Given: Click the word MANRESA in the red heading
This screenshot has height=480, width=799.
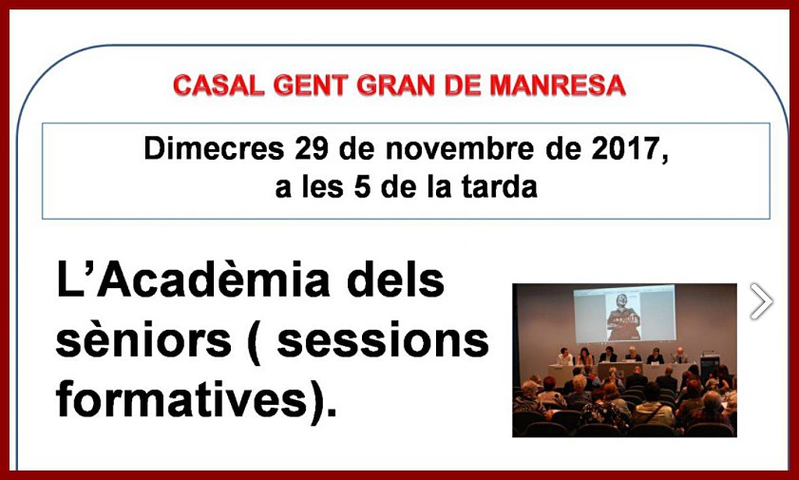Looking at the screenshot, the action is tap(558, 86).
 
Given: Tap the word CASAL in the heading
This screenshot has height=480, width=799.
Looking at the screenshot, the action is tap(219, 86).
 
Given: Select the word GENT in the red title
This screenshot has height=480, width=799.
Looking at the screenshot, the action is tap(311, 86).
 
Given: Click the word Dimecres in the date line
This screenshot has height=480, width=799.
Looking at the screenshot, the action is tap(214, 149).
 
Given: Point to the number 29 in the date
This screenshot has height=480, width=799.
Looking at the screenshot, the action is tap(312, 149).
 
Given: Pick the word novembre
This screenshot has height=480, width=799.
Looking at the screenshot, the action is tap(460, 149).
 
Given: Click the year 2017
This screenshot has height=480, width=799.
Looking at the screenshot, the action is tap(629, 150).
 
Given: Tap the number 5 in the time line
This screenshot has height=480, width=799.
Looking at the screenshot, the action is tap(362, 187).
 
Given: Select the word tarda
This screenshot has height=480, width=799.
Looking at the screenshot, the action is tap(500, 187).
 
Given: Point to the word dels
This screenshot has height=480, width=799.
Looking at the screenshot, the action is tap(395, 279).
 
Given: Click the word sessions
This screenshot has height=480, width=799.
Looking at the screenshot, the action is tap(383, 340).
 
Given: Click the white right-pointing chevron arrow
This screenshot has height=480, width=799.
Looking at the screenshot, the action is tap(761, 301).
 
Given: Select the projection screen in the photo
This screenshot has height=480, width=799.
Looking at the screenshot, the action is tap(624, 314).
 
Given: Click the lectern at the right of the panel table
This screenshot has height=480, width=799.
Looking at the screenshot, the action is tap(710, 363).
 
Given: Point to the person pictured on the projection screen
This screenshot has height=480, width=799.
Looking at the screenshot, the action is tap(622, 317).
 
